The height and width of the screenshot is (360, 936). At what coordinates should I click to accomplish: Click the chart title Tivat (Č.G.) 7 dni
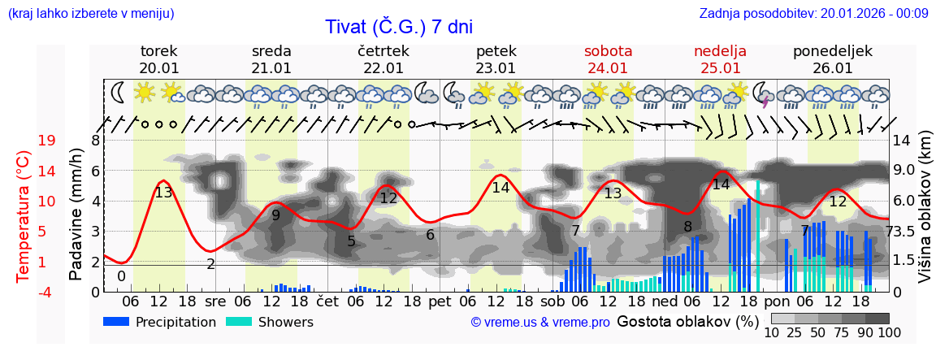398,27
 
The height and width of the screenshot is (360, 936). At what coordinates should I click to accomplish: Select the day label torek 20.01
159,59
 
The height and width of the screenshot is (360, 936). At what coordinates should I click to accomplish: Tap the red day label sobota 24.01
608,59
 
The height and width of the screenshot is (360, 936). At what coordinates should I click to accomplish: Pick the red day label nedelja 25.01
720,59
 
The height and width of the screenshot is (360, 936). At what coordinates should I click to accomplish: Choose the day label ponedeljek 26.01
832,59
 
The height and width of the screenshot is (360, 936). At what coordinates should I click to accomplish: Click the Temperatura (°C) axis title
24,215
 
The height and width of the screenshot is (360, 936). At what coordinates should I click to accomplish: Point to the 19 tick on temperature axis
46,141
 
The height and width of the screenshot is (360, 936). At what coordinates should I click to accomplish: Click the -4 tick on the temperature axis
46,292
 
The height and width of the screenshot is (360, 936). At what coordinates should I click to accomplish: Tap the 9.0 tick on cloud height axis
904,171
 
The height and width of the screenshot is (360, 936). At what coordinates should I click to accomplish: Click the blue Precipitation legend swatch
117,322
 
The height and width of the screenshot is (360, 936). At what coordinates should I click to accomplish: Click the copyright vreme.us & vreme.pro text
540,323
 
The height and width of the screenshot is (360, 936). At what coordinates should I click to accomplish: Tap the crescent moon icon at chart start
118,92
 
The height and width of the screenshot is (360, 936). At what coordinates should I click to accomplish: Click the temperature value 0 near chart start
121,276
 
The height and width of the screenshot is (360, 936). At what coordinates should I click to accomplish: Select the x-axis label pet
440,301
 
